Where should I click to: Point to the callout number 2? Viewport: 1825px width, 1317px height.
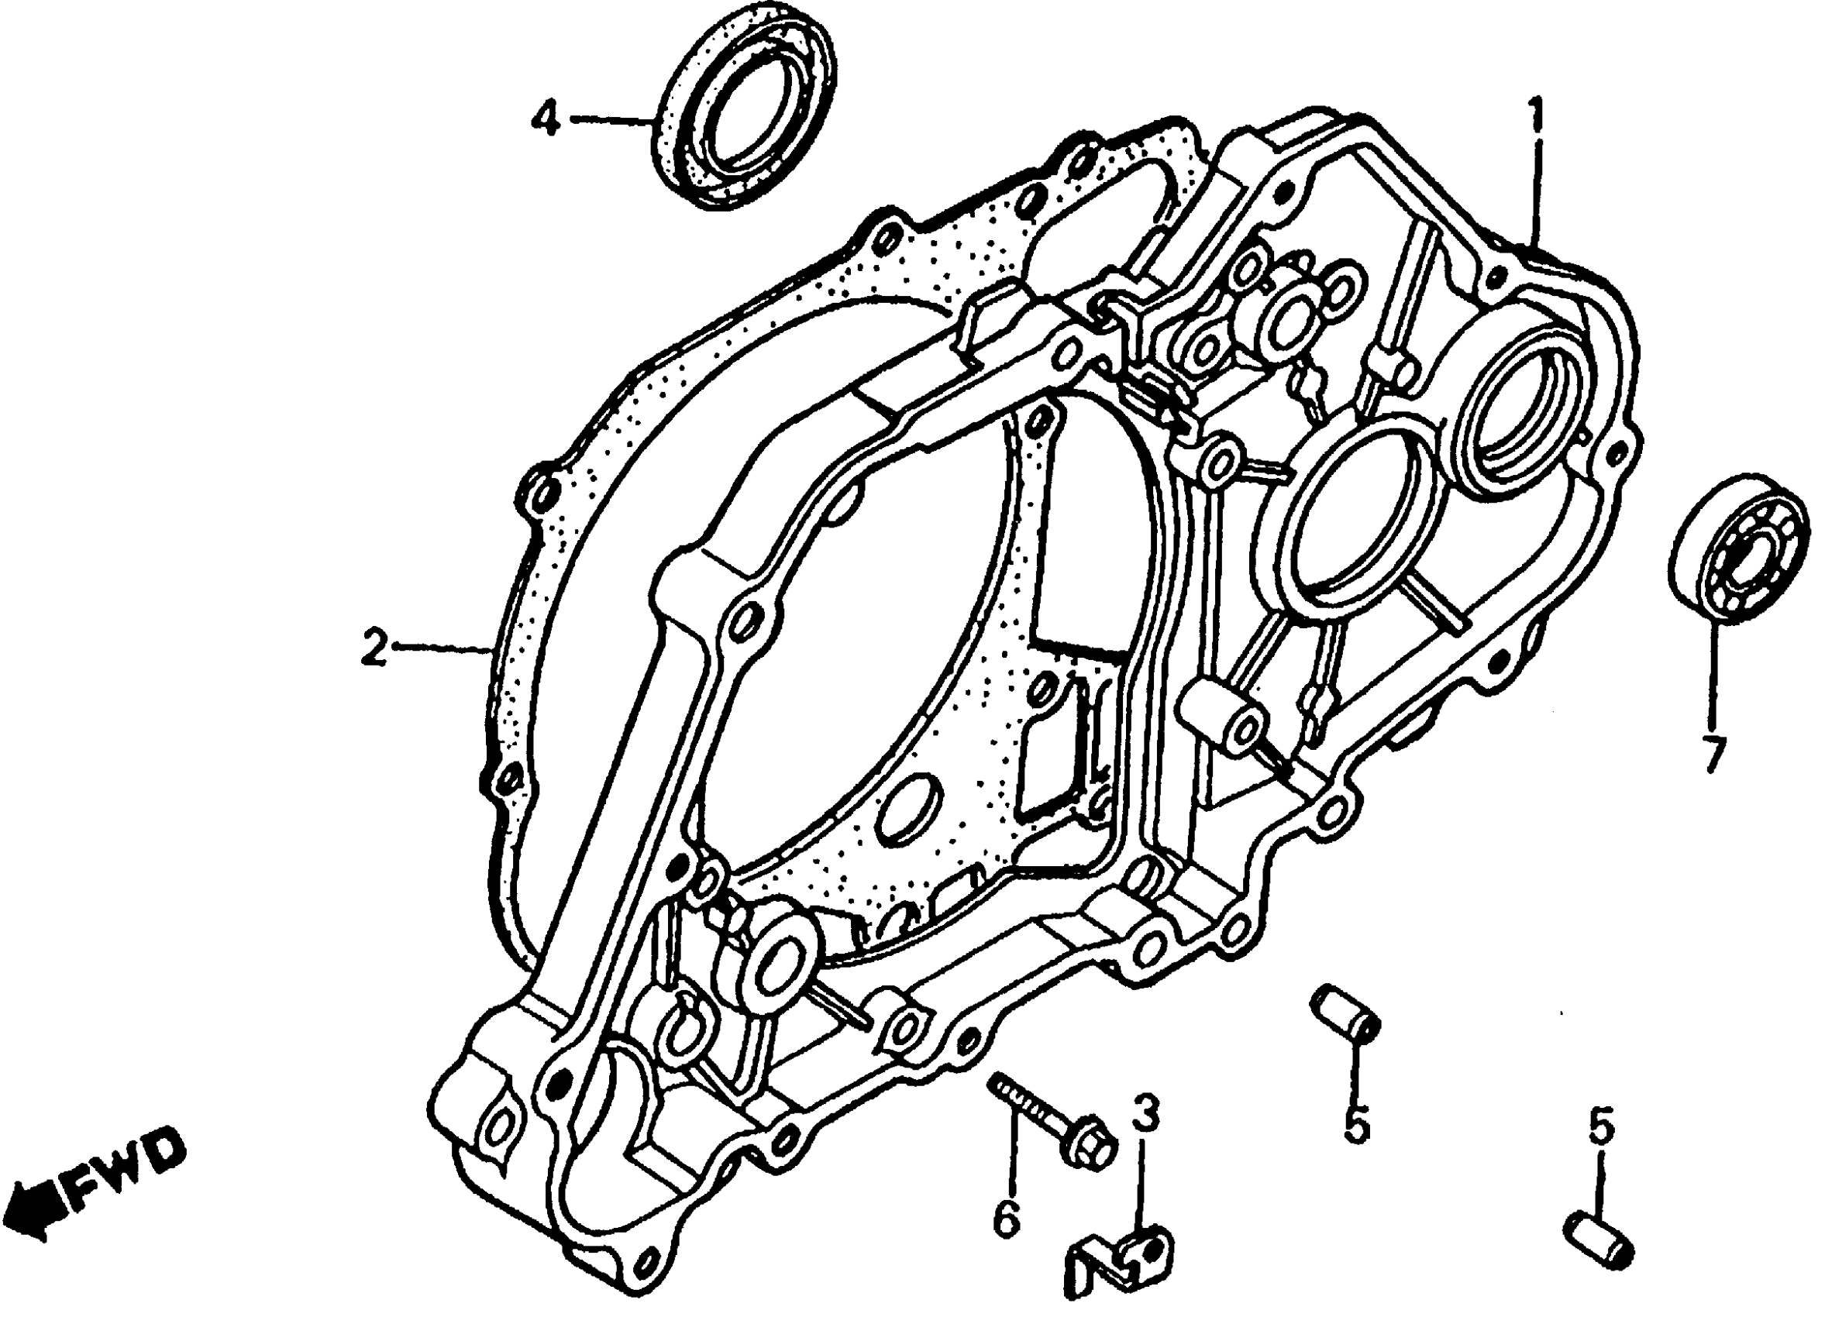point(374,648)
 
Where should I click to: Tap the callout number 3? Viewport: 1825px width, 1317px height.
point(1146,1114)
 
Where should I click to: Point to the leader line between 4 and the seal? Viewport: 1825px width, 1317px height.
point(611,121)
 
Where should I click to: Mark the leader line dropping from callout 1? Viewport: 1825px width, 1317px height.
point(1536,193)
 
